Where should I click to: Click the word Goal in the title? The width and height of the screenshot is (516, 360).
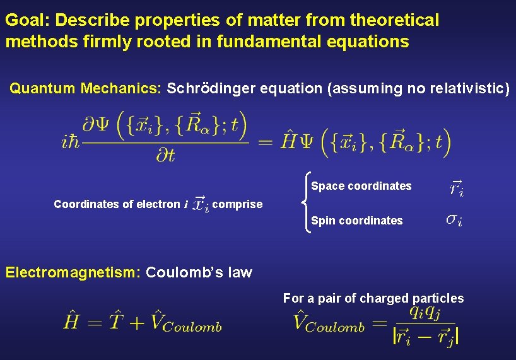pos(26,20)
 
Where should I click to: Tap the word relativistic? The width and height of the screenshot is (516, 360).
pos(467,88)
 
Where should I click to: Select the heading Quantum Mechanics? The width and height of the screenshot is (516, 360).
pos(86,88)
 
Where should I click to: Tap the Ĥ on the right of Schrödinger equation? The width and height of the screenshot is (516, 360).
pos(288,139)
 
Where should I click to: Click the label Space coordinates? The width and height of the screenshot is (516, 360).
pos(361,186)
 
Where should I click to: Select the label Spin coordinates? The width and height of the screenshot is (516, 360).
pos(357,221)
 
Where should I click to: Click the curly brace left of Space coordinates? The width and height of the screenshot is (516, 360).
pos(305,203)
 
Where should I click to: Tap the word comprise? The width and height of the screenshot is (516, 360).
pos(237,204)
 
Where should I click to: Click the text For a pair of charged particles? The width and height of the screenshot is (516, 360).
pos(373,298)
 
